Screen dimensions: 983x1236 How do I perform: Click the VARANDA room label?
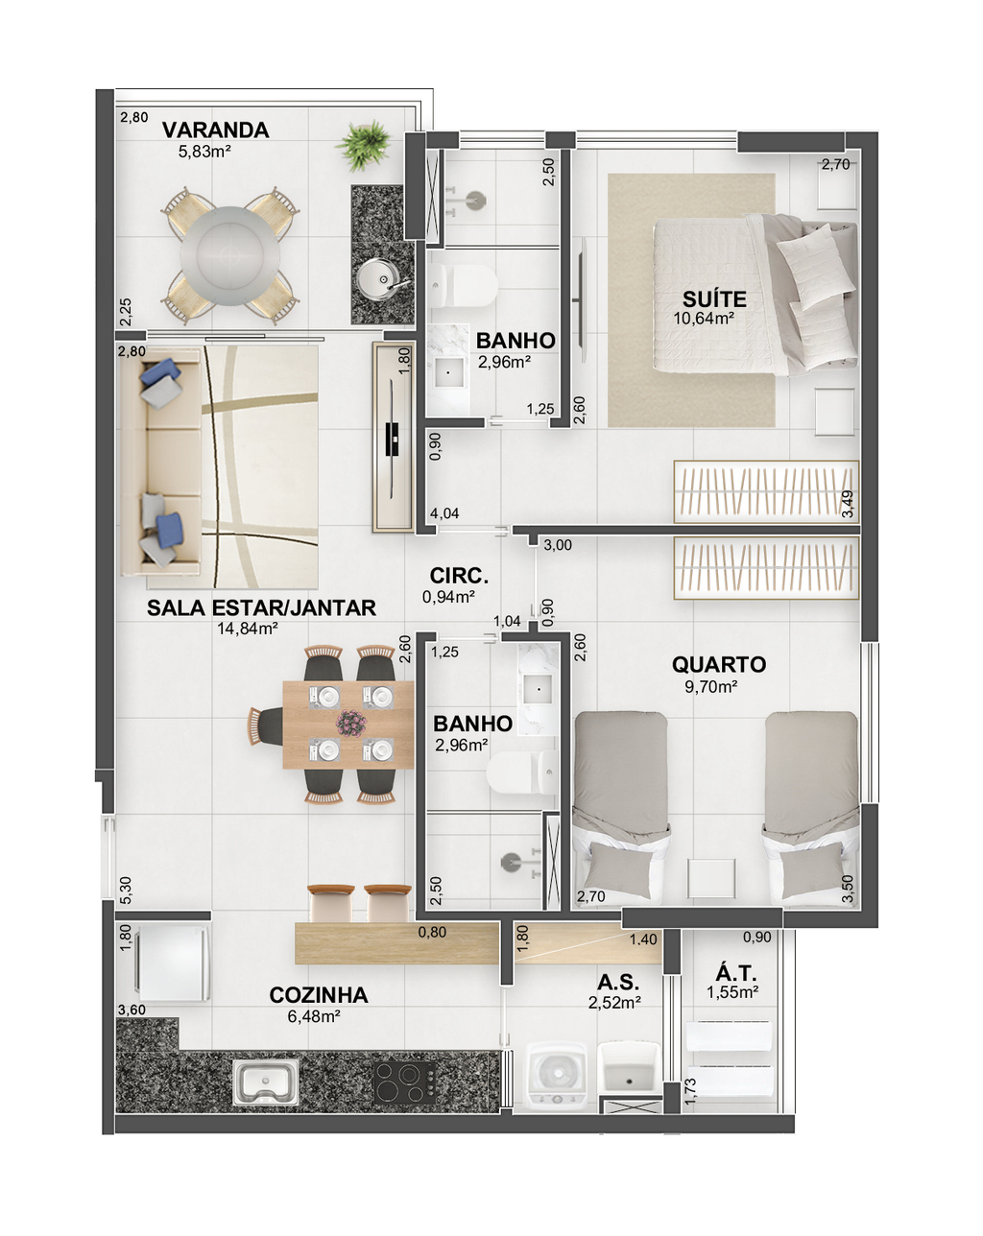pyautogui.click(x=215, y=131)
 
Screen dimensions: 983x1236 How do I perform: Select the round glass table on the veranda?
pyautogui.click(x=229, y=255)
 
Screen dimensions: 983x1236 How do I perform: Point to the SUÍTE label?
pyautogui.click(x=714, y=299)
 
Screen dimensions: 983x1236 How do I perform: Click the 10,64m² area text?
pyautogui.click(x=704, y=319)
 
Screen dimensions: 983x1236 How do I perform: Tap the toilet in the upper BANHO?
pyautogui.click(x=463, y=285)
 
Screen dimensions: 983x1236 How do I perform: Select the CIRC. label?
pyautogui.click(x=459, y=576)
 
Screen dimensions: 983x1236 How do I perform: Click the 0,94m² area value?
pyautogui.click(x=448, y=597)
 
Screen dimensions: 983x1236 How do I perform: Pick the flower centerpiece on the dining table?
pyautogui.click(x=351, y=723)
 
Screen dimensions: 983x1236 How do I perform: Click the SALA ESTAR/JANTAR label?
pyautogui.click(x=261, y=607)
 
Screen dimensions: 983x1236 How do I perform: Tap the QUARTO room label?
pyautogui.click(x=719, y=664)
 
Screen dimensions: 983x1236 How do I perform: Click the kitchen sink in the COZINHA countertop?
pyautogui.click(x=265, y=1082)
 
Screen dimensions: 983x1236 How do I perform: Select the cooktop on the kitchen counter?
pyautogui.click(x=405, y=1082)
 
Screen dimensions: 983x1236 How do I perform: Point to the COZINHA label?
pyautogui.click(x=319, y=995)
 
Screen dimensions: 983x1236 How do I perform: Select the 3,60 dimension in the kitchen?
pyautogui.click(x=132, y=1010)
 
